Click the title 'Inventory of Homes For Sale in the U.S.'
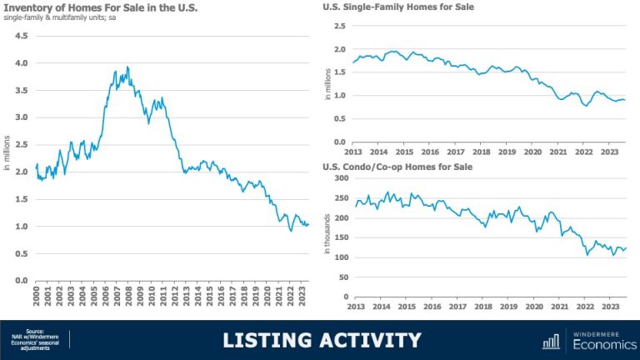coord(99,9)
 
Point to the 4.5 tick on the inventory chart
coord(22,36)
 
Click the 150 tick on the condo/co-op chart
coord(338,237)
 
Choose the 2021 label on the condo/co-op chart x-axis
coord(558,306)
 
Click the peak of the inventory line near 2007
coord(127,67)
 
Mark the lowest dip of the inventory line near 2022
coord(291,231)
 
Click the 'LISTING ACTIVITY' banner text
coord(321,341)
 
